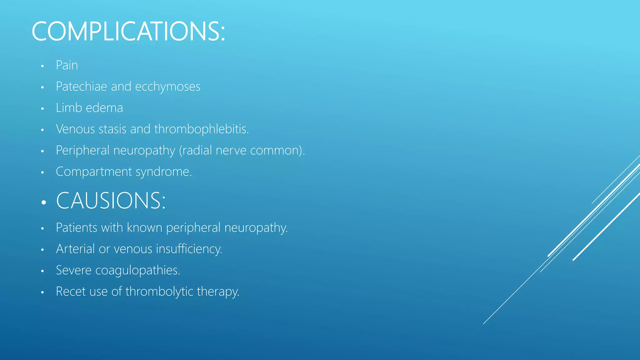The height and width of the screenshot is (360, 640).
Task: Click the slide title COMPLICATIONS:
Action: coord(128,31)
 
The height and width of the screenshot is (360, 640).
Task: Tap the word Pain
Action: coord(67,65)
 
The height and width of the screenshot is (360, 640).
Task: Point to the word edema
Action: coord(104,108)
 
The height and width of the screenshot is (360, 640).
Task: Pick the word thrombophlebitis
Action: coord(201,129)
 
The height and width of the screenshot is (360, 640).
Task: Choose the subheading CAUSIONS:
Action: coord(111,201)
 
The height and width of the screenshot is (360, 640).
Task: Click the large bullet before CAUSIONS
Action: coord(43,202)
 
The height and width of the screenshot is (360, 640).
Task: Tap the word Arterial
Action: coord(75,249)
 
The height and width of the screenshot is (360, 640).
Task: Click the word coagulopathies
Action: coord(137,270)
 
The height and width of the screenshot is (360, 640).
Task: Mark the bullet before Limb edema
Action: coord(42,109)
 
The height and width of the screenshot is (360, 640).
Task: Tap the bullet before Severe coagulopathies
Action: coord(42,271)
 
